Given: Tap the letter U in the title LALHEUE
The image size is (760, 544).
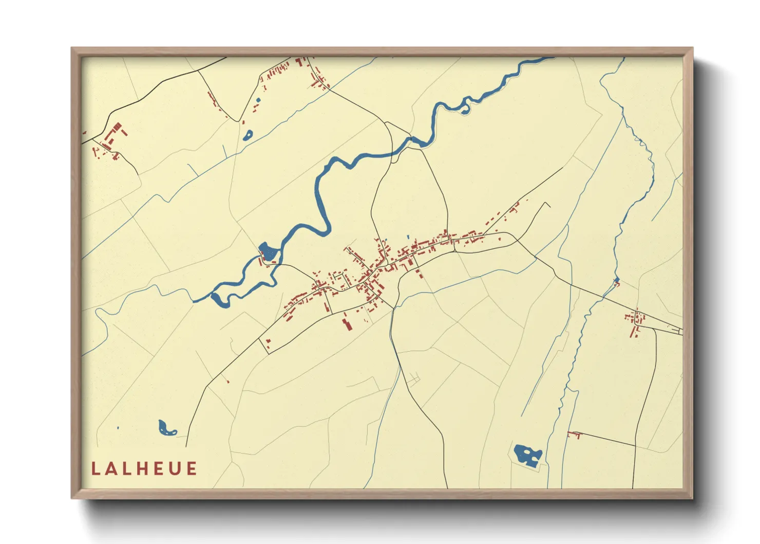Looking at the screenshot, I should [x=176, y=469].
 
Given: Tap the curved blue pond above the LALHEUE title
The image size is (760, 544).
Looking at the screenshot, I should [x=166, y=428].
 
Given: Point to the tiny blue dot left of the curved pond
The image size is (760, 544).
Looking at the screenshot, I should [x=118, y=428].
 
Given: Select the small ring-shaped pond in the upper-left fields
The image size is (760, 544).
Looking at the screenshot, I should [x=248, y=135].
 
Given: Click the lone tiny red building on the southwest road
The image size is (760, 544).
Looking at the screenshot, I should [x=228, y=382].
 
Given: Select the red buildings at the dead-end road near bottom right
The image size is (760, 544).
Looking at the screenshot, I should [x=574, y=435].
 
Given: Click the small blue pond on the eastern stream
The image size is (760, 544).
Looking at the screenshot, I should [x=617, y=281].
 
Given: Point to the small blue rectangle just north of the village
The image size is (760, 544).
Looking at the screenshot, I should [x=408, y=237].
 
